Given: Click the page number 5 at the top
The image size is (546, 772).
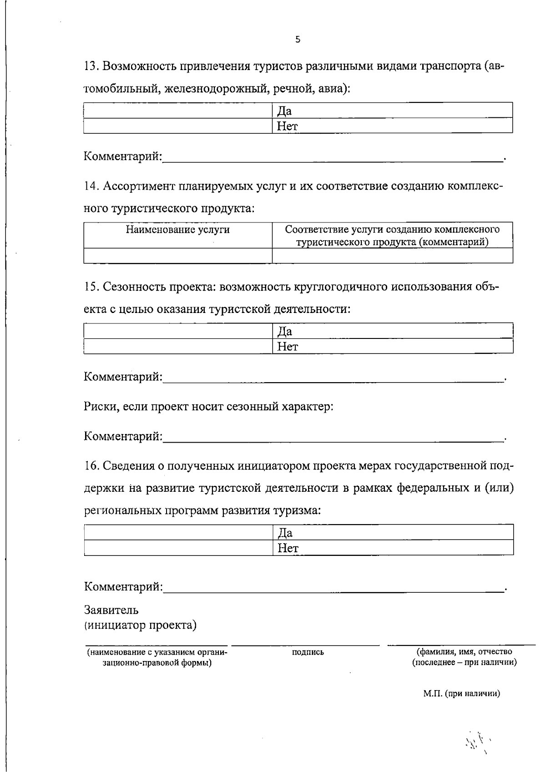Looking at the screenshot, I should point(298,40).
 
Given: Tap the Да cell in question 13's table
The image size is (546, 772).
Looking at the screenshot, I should point(393,111).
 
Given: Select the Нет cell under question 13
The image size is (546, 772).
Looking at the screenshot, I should point(393,126).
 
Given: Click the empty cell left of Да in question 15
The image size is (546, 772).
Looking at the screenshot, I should point(178,331).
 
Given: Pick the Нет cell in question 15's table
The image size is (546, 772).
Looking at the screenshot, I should point(393,347).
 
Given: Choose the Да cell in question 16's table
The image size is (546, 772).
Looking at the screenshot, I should point(393,533).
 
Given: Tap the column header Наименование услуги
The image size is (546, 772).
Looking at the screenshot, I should point(178,230).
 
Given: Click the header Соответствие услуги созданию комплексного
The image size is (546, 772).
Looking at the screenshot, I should point(392,230).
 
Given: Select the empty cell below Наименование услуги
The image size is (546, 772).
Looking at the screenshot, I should point(178,256).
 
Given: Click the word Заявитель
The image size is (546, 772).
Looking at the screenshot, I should point(111,610).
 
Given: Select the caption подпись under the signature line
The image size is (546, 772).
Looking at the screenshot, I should point(308,652).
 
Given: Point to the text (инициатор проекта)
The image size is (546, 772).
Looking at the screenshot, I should point(141,626).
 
